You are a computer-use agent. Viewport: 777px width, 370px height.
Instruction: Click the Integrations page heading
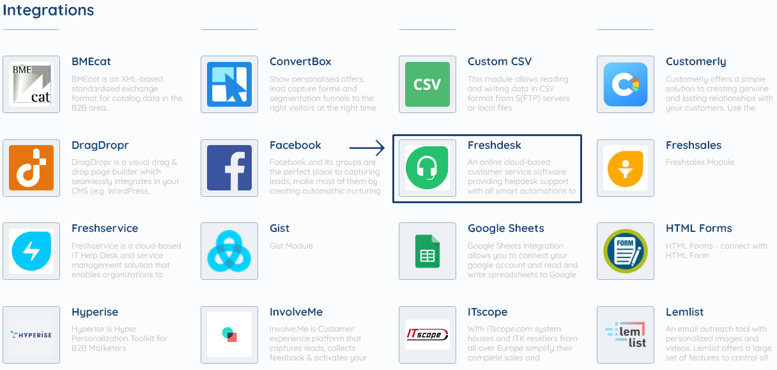click(x=49, y=10)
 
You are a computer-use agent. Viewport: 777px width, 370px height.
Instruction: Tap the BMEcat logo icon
click(x=31, y=84)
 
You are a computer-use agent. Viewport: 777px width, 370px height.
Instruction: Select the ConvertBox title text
click(x=300, y=62)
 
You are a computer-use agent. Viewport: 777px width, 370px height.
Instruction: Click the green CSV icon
click(x=427, y=84)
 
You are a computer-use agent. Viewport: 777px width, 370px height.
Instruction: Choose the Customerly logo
click(x=626, y=84)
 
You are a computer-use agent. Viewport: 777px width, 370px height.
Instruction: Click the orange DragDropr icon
click(x=31, y=168)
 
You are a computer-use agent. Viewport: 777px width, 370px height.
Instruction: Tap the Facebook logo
click(x=229, y=168)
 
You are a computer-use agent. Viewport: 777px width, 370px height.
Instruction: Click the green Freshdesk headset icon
click(x=427, y=168)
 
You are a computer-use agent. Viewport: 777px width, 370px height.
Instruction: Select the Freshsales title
click(x=693, y=146)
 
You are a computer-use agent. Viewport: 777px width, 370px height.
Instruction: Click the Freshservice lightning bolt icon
click(x=31, y=251)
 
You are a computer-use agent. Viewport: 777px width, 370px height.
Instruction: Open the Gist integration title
click(x=279, y=229)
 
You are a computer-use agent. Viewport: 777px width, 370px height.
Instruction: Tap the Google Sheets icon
click(x=427, y=251)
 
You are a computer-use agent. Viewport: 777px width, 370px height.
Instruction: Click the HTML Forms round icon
click(x=626, y=251)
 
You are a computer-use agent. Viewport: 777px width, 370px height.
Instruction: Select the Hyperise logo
click(x=31, y=334)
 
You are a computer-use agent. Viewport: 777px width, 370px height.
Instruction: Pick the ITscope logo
click(x=427, y=334)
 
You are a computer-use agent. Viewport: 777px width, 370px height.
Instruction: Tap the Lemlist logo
click(x=626, y=334)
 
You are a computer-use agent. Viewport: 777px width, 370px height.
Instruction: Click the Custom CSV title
click(x=500, y=62)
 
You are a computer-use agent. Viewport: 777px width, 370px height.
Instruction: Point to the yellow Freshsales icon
click(x=626, y=168)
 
